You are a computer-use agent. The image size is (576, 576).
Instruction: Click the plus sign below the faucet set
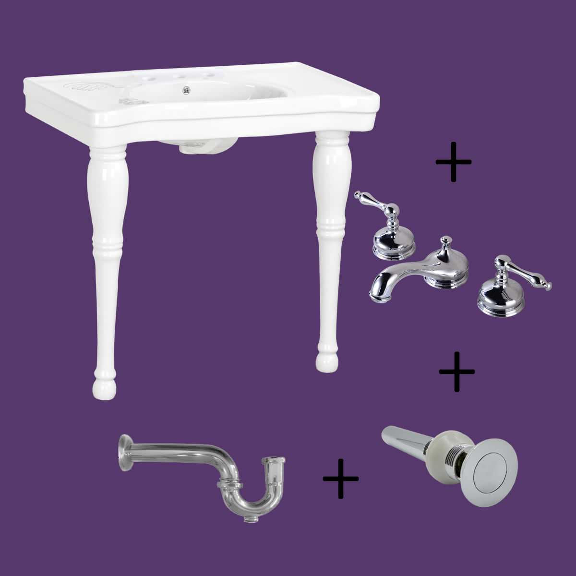[x=457, y=372]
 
